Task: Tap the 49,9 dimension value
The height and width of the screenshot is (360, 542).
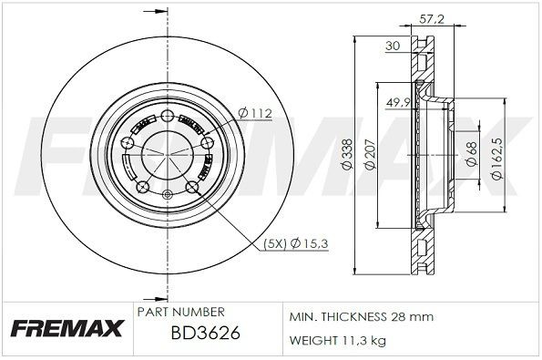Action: (396, 103)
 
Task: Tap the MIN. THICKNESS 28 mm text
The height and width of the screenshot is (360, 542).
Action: (361, 316)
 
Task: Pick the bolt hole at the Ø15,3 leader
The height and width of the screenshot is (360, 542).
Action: (192, 188)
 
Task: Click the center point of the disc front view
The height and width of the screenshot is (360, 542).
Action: (167, 154)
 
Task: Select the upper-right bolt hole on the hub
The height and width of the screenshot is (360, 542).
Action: (205, 142)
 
